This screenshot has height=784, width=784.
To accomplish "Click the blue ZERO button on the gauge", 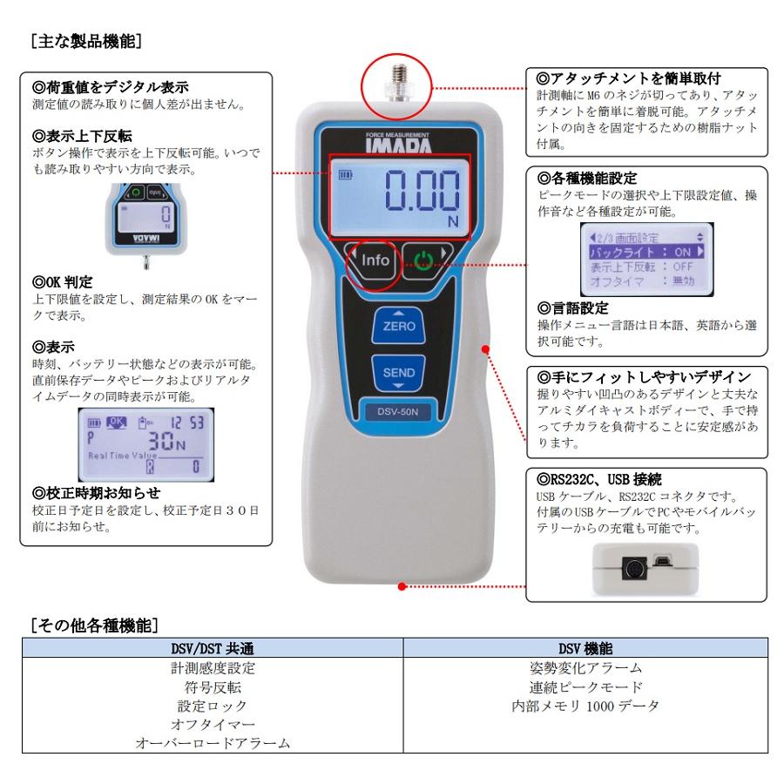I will point(399,327).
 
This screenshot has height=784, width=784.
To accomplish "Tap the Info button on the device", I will point(375,260).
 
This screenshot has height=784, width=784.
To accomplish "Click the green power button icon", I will point(423,260).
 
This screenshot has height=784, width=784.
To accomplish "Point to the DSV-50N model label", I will point(399,414).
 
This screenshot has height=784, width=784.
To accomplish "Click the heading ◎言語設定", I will point(573,308).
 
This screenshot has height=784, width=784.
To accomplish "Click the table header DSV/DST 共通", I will point(212,649).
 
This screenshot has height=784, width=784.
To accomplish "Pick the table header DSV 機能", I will point(585,649).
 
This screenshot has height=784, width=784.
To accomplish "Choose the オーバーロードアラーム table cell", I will point(212,743).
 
